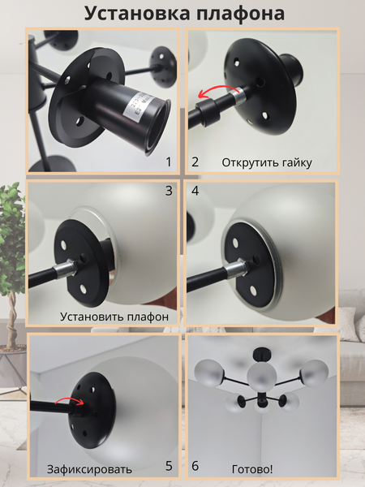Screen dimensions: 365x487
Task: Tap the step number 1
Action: (169, 162)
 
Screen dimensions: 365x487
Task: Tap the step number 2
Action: (195, 162)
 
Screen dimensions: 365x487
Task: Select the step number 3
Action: (169, 191)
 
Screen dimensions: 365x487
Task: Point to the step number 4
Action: (195, 191)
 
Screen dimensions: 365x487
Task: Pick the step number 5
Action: (169, 466)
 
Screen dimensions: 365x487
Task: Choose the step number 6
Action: (195, 466)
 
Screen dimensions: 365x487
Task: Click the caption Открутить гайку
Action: (267, 163)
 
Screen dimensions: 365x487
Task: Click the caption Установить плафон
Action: (114, 317)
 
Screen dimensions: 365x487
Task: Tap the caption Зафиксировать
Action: (89, 469)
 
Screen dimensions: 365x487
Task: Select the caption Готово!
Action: (252, 469)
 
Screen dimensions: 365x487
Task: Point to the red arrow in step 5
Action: (69, 399)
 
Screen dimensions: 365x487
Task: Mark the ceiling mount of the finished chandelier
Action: (261, 354)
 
